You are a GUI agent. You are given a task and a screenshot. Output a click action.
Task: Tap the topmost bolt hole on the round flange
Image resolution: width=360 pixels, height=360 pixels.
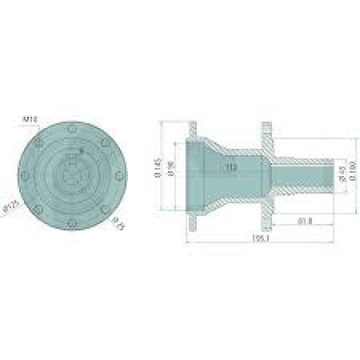click(73, 128)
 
